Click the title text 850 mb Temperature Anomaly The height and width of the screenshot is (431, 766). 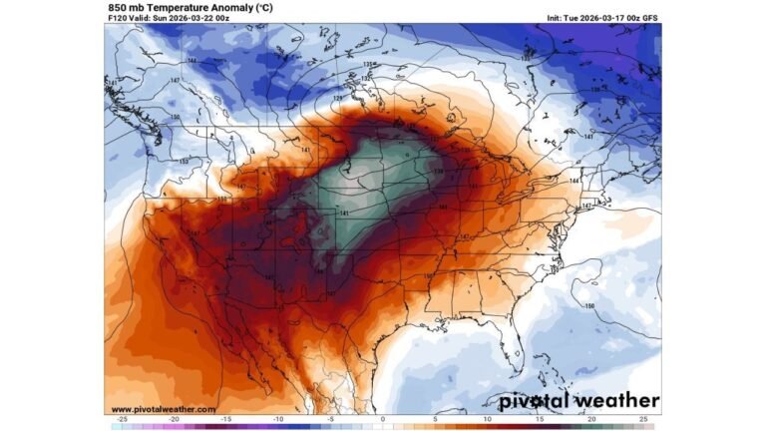190,6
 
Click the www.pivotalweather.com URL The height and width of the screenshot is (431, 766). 162,409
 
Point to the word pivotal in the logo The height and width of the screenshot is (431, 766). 535,401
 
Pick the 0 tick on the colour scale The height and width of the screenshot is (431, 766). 383,420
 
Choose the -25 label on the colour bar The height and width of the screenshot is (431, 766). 122,420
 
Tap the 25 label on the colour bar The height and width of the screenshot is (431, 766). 643,420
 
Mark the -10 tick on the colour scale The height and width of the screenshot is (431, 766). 278,420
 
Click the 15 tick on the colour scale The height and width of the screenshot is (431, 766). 540,420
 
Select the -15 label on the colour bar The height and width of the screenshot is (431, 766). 226,420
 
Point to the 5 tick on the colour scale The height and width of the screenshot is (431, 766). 435,420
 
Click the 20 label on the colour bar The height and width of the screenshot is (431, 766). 591,420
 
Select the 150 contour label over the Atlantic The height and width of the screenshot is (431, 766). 588,305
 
